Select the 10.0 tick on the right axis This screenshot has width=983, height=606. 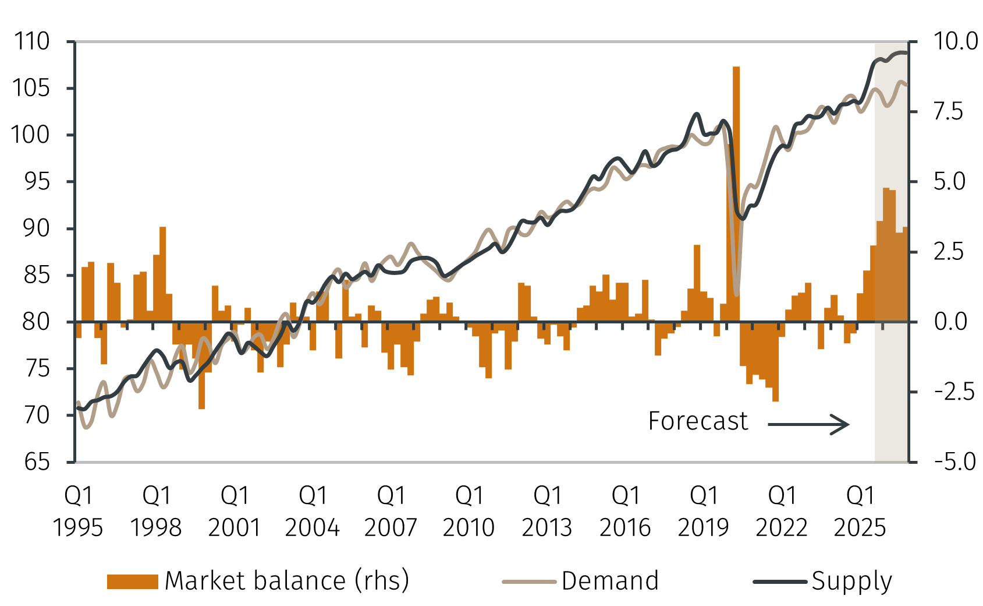coord(956,42)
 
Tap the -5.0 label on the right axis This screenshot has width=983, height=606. coord(954,462)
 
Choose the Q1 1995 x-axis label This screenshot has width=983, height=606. coord(78,512)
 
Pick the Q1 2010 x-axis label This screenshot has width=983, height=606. coord(469,512)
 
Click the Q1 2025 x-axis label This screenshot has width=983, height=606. coord(860,512)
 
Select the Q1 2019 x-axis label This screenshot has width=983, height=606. coord(703,512)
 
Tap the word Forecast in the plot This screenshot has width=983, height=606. coord(698,421)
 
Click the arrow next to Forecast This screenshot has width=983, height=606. coord(808,424)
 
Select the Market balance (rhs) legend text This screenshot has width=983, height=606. coord(287,581)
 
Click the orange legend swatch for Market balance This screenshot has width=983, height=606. coord(133,582)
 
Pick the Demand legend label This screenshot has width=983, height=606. coord(610,581)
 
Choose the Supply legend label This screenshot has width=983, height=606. coord(851,581)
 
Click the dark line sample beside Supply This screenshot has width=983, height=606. coord(780,582)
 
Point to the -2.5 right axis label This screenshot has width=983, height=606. coord(954,392)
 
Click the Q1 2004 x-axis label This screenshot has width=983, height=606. coord(313,512)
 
